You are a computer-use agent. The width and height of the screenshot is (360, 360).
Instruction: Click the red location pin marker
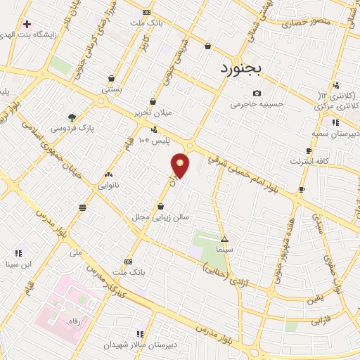point(181,166)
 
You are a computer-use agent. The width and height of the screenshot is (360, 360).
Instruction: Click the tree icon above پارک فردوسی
point(72,117)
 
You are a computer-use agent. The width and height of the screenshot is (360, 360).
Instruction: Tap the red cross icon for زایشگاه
point(26,23)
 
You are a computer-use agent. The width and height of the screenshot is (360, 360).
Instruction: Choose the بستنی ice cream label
point(112,89)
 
